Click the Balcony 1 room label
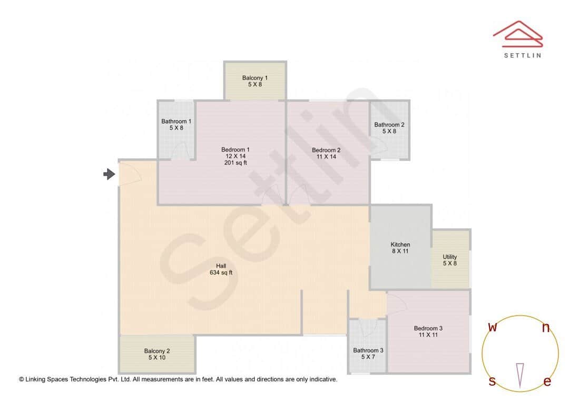pos(255,78)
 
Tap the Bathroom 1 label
pos(176,122)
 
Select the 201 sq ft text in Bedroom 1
pos(235,163)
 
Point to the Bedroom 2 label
pos(326,150)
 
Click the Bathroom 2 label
pos(389,125)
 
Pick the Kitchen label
pos(400,245)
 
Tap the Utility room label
pos(450,257)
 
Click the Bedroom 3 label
pos(428,328)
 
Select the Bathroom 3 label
pos(368,350)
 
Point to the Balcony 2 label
pos(157,351)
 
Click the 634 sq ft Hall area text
pos(221,273)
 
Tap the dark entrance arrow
pos(109,174)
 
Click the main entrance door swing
pos(130,174)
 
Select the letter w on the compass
pos(493,327)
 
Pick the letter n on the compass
pos(546,328)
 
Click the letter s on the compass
pos(492,381)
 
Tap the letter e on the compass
pos(547,382)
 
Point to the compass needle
pos(520,375)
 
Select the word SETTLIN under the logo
pos(522,55)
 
